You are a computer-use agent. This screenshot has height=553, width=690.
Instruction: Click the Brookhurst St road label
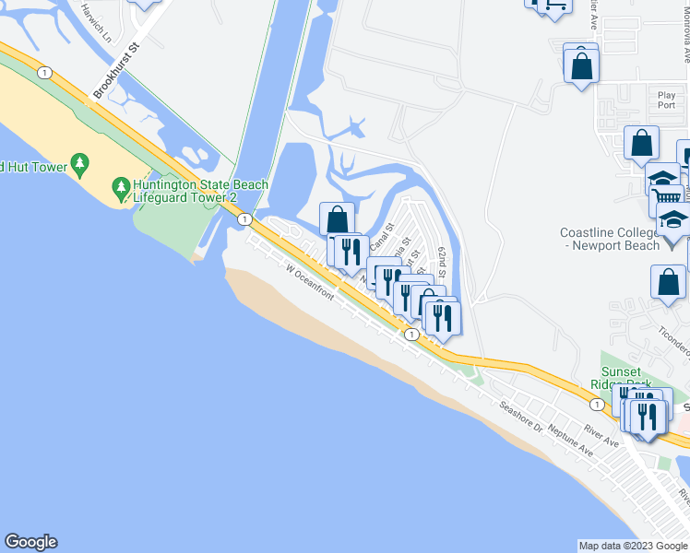pyautogui.click(x=115, y=70)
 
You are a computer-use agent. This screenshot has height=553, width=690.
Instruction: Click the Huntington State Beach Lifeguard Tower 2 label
pyautogui.click(x=200, y=191)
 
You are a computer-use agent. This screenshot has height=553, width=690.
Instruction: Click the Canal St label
pyautogui.click(x=381, y=238)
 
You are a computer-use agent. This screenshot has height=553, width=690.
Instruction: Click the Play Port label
pyautogui.click(x=666, y=100)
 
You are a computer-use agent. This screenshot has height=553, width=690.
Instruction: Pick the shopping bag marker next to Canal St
pyautogui.click(x=338, y=219)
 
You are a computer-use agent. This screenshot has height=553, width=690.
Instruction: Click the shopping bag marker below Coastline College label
pyautogui.click(x=668, y=283)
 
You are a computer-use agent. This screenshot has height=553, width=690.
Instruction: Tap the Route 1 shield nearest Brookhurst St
pyautogui.click(x=43, y=72)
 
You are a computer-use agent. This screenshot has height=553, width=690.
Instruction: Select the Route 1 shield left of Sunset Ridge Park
pyautogui.click(x=598, y=405)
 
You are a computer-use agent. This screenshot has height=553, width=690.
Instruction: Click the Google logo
pyautogui.click(x=30, y=542)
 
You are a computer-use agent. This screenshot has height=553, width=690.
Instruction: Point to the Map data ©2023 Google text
pyautogui.click(x=631, y=546)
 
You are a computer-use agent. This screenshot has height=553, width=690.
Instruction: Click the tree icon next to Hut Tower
pyautogui.click(x=80, y=164)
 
